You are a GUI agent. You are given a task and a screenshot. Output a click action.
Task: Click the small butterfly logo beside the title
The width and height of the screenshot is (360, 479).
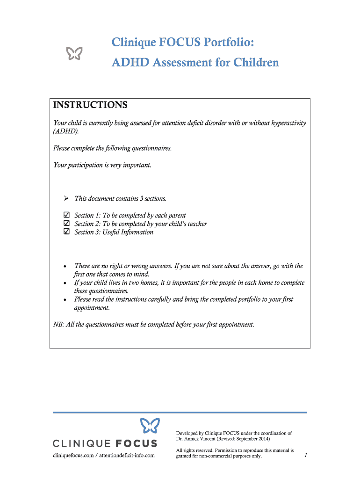click(74, 54)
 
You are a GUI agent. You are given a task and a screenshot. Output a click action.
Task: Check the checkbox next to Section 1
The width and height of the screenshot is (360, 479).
click(66, 215)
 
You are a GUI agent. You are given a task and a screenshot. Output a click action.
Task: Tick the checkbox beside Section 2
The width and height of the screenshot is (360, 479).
click(66, 224)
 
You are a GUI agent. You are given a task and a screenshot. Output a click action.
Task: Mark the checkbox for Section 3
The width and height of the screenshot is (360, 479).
click(66, 232)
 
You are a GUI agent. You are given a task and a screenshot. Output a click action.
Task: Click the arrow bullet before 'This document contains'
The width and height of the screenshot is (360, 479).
click(66, 199)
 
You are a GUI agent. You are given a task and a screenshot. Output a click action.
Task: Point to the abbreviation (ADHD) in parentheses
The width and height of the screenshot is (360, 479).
click(66, 131)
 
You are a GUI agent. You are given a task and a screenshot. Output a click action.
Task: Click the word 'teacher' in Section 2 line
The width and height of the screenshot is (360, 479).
click(194, 224)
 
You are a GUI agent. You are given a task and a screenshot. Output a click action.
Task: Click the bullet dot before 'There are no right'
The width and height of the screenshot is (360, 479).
click(64, 266)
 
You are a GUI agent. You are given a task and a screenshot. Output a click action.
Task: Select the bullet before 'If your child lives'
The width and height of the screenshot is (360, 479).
click(64, 283)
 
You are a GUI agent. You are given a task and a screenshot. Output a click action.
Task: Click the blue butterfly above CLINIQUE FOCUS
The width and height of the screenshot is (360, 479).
click(150, 426)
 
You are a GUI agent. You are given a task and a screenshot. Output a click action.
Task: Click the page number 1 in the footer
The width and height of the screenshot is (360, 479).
click(305, 455)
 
